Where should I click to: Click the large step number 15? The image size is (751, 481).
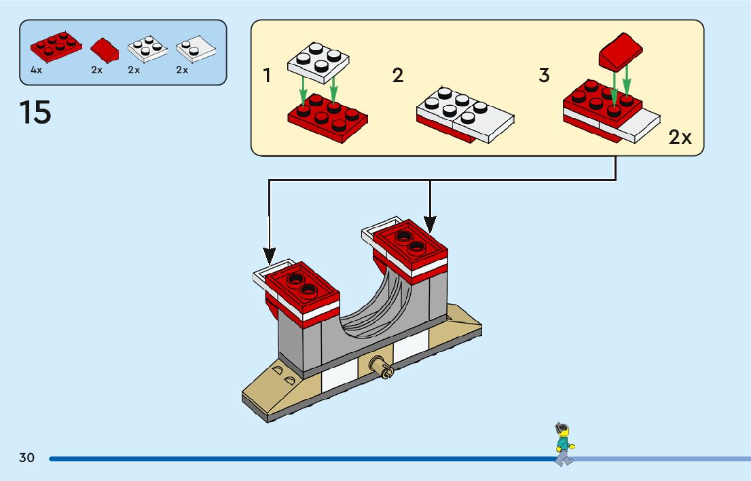click(x=35, y=113)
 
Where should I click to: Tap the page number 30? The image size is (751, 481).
click(x=26, y=458)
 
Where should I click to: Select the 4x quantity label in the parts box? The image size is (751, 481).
click(x=36, y=70)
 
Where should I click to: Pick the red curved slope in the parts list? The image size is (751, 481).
click(x=104, y=48)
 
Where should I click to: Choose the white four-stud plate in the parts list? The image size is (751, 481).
click(x=147, y=50)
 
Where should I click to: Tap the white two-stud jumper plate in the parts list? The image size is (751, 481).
click(x=196, y=48)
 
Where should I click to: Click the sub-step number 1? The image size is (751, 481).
click(x=267, y=76)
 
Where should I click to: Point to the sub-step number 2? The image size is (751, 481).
click(x=398, y=76)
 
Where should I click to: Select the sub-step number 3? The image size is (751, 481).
click(x=543, y=76)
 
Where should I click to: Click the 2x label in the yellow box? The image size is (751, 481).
click(x=680, y=138)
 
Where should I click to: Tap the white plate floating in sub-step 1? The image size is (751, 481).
click(x=318, y=60)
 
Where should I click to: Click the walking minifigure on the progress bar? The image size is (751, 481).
click(x=563, y=444)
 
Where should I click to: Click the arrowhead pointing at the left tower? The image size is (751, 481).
click(x=270, y=257)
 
